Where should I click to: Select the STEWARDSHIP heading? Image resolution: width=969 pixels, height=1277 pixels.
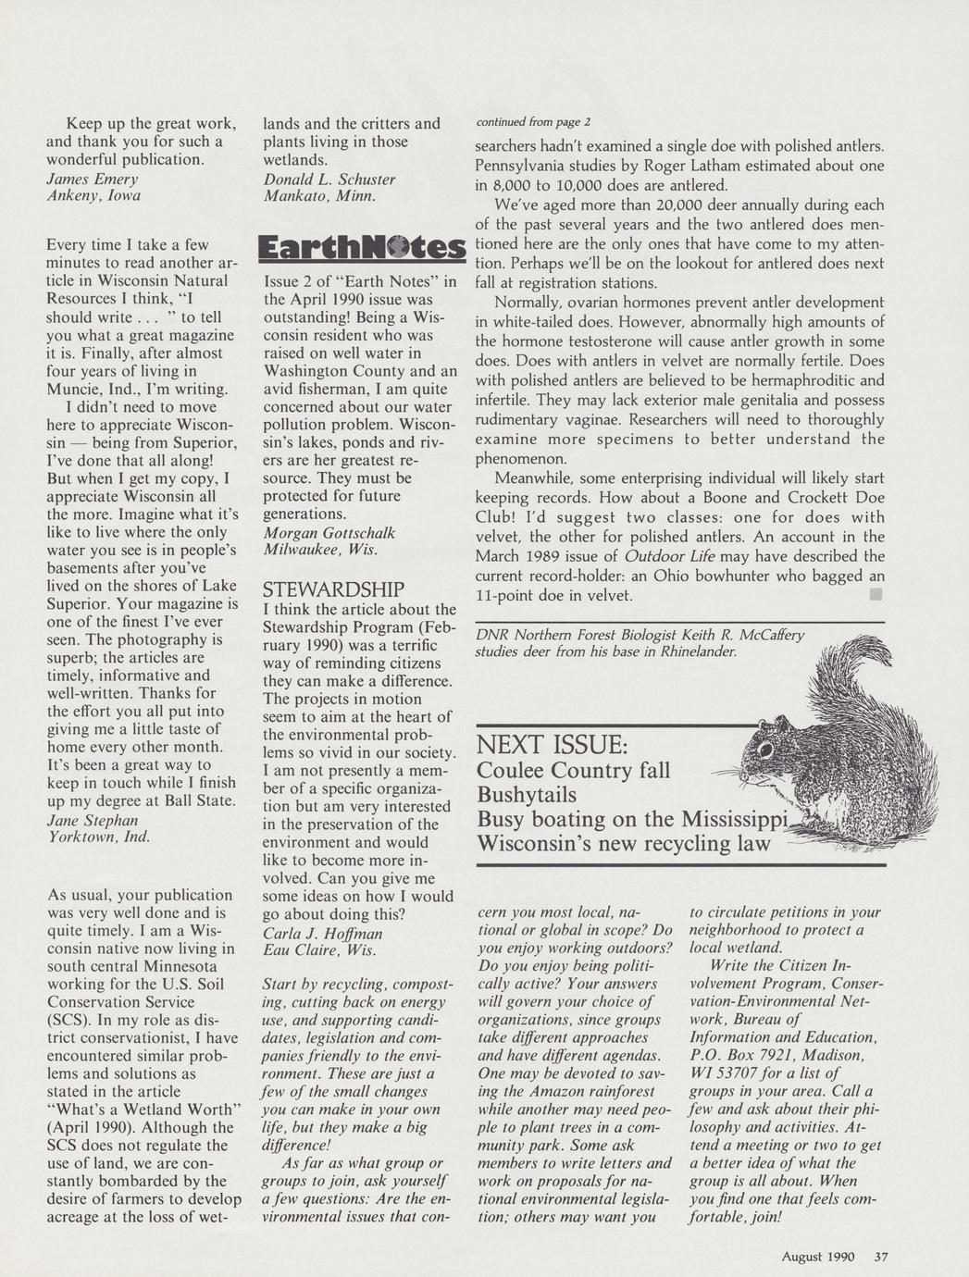tap(333, 589)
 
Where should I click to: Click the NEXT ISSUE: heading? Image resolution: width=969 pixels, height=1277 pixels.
tap(553, 745)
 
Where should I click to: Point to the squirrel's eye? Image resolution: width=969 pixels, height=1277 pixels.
tap(765, 747)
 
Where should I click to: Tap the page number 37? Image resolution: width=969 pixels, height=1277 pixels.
tap(880, 1257)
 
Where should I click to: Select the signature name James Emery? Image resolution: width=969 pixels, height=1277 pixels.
tap(92, 179)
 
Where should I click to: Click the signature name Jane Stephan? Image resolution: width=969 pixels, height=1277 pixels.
tap(92, 820)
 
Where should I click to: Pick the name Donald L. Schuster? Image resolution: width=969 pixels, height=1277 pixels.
tap(329, 179)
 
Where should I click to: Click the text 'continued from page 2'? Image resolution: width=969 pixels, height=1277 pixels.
tap(532, 122)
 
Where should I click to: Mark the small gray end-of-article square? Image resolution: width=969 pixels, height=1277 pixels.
tap(875, 595)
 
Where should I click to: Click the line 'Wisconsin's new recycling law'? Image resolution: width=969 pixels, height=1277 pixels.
tap(623, 844)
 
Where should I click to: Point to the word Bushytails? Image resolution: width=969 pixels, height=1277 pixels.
tap(527, 795)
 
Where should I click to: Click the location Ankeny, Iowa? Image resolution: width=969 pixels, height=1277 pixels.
tap(93, 195)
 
